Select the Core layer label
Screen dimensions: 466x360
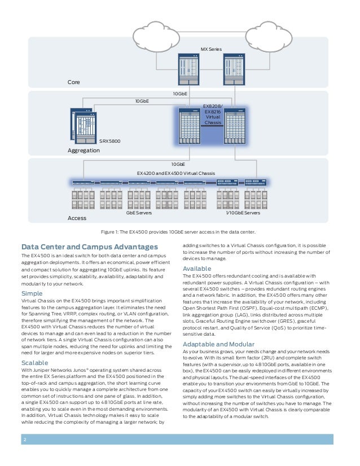tap(74, 82)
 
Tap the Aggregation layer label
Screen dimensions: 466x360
tap(84, 151)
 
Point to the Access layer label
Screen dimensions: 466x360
tap(77, 218)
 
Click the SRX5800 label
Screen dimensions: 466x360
tap(108, 141)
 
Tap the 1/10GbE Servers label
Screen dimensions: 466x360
tap(243, 213)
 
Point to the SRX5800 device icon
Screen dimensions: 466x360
tap(84, 126)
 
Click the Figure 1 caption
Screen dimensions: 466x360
tap(180, 231)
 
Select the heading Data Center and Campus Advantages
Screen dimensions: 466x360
tap(90, 247)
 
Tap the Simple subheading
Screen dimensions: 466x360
tap(32, 293)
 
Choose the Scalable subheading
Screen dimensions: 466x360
tap(35, 362)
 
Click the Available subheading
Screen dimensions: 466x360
tap(197, 268)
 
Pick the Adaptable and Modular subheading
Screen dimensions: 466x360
tap(218, 344)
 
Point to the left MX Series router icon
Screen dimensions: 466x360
tap(188, 70)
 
